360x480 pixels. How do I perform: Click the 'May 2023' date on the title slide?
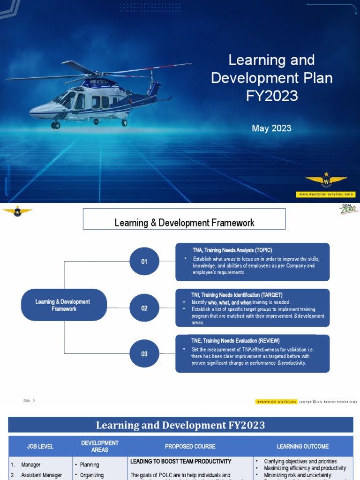[x=271, y=128]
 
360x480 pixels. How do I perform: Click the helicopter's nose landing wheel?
[x=56, y=125]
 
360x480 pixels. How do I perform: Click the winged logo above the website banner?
[x=326, y=181]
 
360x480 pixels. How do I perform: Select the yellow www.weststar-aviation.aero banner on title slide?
[x=326, y=194]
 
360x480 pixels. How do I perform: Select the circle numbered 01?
[x=144, y=262]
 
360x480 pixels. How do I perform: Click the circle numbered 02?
[x=144, y=308]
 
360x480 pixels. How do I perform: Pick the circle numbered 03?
[x=144, y=354]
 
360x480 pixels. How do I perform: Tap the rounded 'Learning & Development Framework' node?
[x=64, y=305]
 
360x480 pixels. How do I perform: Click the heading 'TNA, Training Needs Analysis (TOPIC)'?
[x=232, y=250]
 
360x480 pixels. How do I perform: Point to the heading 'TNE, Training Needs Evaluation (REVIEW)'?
[x=235, y=341]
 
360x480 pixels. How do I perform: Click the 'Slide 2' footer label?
[x=29, y=401]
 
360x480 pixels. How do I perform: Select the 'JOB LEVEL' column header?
[x=40, y=446]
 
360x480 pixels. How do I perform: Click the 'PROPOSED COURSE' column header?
[x=190, y=446]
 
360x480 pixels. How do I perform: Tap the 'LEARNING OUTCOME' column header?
[x=303, y=446]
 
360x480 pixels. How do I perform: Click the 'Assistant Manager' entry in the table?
[x=41, y=475]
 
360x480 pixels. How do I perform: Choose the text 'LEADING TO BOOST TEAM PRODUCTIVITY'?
[x=181, y=462]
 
